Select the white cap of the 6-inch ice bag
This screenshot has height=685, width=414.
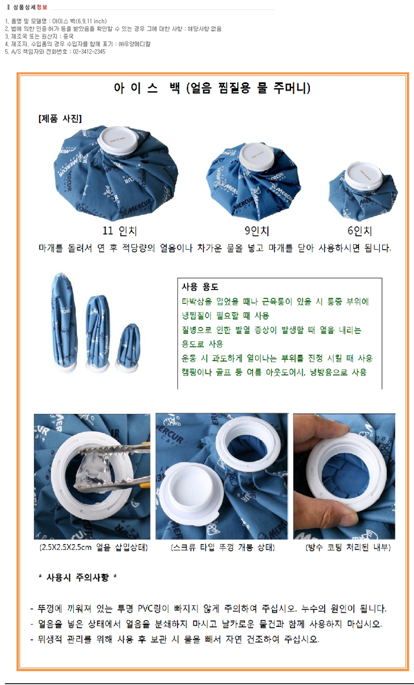tap(363, 176)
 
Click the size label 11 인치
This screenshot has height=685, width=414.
tap(119, 231)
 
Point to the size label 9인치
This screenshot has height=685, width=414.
tap(257, 231)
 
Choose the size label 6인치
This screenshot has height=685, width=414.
tap(360, 231)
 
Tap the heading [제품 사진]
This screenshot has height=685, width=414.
tap(60, 118)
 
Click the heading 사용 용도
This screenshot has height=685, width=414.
tap(200, 287)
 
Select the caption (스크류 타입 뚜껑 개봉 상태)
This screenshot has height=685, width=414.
tap(222, 548)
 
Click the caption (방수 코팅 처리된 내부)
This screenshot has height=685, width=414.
tap(348, 548)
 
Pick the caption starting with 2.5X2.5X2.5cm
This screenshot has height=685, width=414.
tap(93, 548)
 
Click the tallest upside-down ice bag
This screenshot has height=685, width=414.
tap(64, 320)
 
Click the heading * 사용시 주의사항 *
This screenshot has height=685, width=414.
tap(77, 577)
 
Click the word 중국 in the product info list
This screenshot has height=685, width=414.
tap(69, 37)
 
